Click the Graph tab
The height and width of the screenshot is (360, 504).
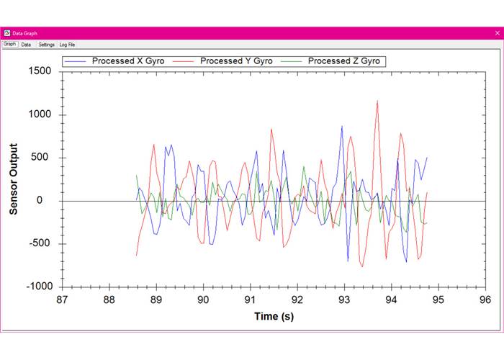9,45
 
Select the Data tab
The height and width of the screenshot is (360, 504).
26,45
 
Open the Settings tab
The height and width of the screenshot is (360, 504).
46,45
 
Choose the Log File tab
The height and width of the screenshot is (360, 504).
67,45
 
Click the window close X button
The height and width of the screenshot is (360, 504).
496,33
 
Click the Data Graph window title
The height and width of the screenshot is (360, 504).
25,33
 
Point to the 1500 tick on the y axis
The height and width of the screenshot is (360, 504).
40,72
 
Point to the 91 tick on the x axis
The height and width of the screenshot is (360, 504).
250,299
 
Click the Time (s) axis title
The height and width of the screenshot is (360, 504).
274,316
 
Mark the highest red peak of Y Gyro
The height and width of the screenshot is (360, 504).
377,102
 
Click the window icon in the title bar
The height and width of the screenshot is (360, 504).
6,33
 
